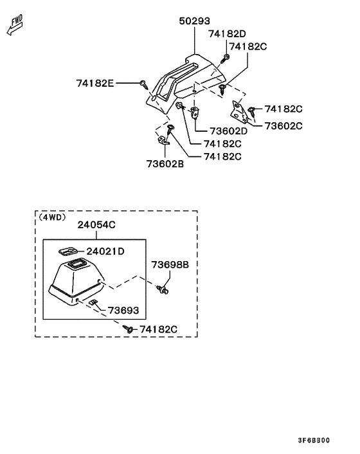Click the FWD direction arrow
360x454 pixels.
click(15, 26)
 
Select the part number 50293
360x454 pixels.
click(195, 21)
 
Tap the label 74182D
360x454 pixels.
click(227, 34)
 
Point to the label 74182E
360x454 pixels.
click(95, 84)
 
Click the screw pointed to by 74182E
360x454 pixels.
click(144, 84)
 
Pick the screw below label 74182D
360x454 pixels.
click(225, 59)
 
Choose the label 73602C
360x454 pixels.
click(283, 126)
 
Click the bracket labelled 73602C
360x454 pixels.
click(239, 112)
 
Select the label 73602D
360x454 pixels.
click(229, 131)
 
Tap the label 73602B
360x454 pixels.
click(165, 164)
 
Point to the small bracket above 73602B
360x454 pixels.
click(163, 140)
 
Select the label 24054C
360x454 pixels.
click(96, 224)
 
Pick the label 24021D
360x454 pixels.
click(105, 251)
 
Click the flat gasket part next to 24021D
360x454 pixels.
click(67, 251)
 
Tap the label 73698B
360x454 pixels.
click(170, 265)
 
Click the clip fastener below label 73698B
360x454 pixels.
click(163, 289)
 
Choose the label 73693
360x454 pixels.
click(123, 311)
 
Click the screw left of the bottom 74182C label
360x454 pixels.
click(128, 329)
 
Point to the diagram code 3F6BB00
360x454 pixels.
click(314, 440)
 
